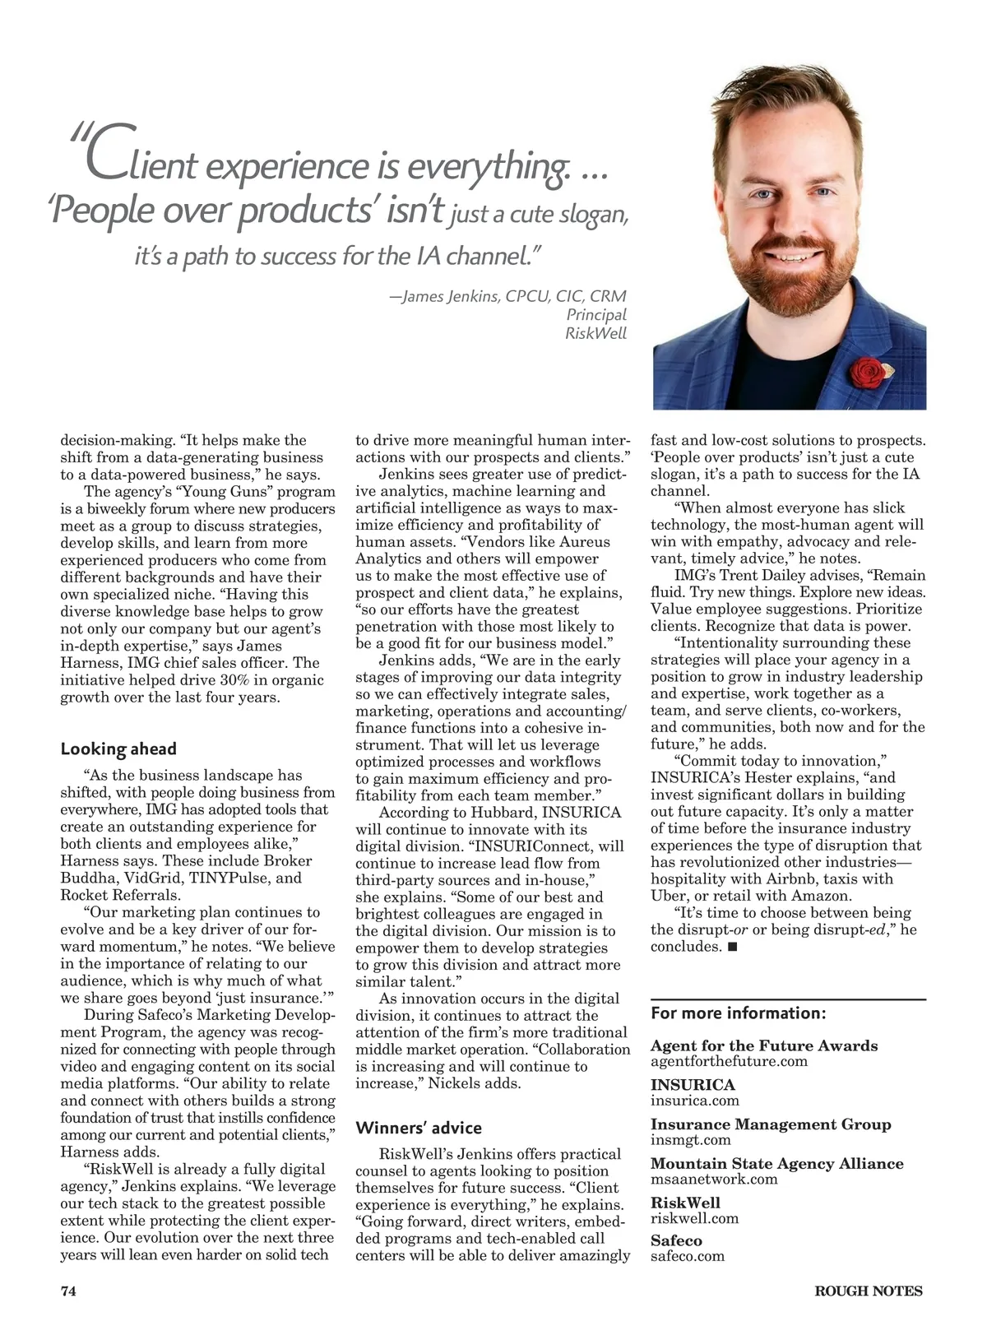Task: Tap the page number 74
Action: pos(68,1291)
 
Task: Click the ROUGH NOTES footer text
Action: pos(868,1291)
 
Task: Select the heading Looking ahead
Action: pos(118,749)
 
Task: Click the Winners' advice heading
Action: pos(419,1128)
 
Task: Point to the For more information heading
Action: pos(738,1013)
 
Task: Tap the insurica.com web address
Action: pos(694,1101)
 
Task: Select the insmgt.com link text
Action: pos(690,1139)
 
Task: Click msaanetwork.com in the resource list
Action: pos(713,1179)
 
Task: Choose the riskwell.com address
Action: pos(694,1218)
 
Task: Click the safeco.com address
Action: pos(688,1257)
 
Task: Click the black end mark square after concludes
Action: pos(732,946)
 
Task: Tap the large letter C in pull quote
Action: pos(105,152)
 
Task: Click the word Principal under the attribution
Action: pos(596,314)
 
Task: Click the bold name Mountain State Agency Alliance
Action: pos(776,1163)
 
